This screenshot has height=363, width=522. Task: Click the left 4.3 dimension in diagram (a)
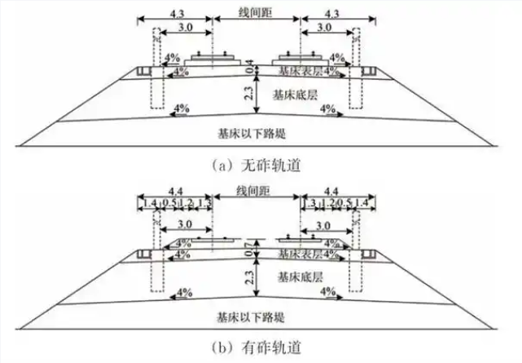coord(174,14)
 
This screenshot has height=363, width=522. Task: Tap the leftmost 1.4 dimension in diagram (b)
coord(149,203)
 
